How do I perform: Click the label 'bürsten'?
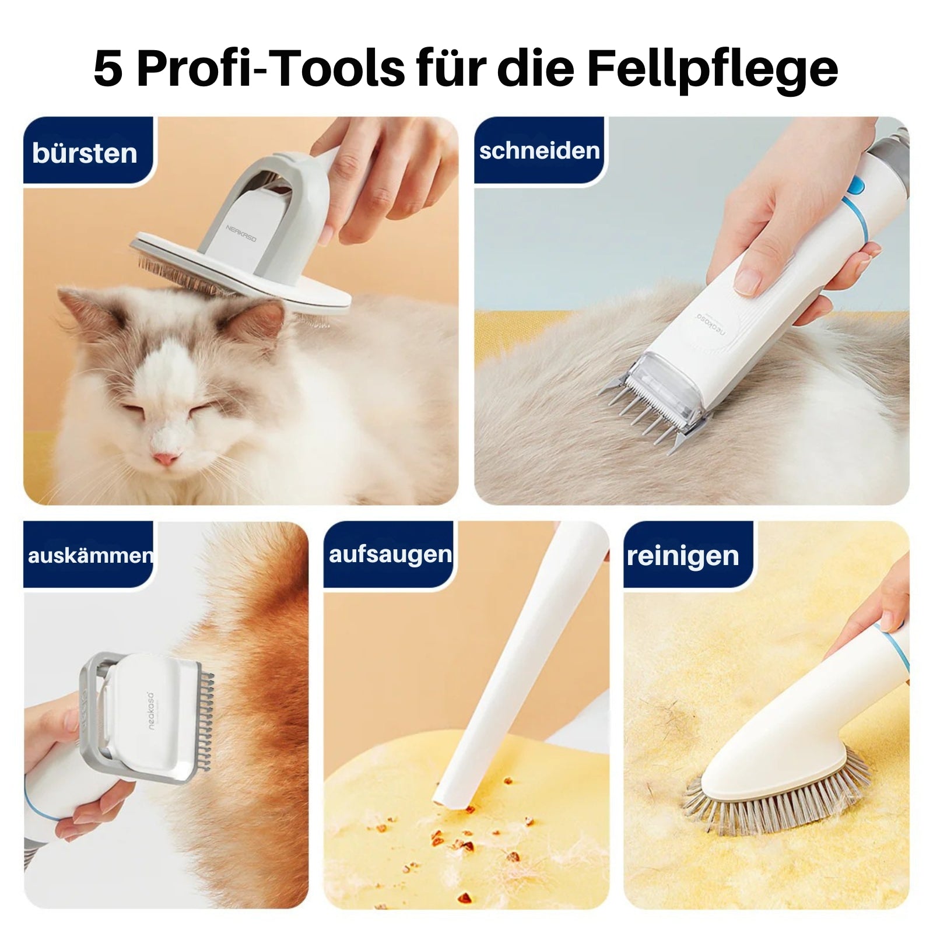[x=85, y=153]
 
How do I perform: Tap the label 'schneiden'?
[x=539, y=151]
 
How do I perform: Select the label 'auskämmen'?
[x=90, y=555]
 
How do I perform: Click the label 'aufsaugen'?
[x=390, y=554]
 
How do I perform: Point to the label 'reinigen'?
[x=683, y=556]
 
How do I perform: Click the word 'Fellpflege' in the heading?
[x=712, y=69]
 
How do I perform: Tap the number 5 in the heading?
[x=108, y=69]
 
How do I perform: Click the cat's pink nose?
[x=166, y=458]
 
